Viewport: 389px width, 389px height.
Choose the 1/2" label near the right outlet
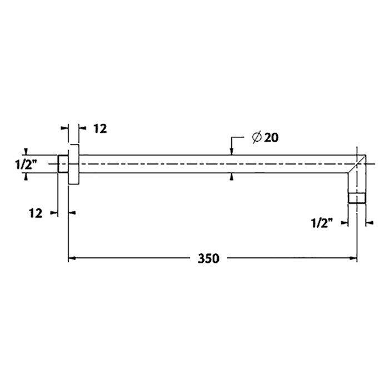[322, 223]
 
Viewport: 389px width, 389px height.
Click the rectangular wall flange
[74, 165]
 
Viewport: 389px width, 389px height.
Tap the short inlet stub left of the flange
[63, 164]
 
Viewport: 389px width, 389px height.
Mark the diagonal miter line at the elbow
[357, 164]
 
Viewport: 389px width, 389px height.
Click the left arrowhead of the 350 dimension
[72, 258]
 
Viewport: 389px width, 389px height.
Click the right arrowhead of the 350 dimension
[353, 258]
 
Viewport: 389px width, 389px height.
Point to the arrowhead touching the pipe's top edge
[232, 151]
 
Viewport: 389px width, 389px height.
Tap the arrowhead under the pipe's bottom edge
[232, 177]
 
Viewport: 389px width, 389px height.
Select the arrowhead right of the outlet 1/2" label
[368, 223]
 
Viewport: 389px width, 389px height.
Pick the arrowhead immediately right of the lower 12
[72, 212]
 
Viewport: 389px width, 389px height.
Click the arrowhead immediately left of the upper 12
[81, 128]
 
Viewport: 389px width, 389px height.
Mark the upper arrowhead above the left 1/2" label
[26, 151]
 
